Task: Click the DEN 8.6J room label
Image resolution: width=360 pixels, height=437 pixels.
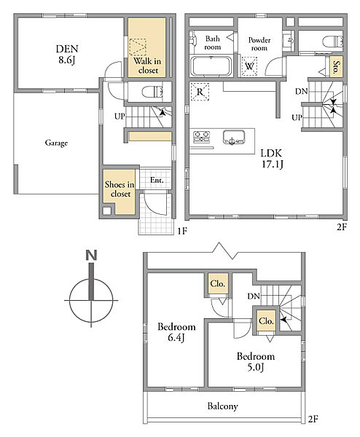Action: pyautogui.click(x=67, y=55)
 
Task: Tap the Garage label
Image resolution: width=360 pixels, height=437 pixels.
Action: pyautogui.click(x=56, y=143)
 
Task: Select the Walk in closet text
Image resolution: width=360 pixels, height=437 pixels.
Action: pyautogui.click(x=147, y=66)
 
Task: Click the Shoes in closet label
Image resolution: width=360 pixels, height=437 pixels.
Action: pyautogui.click(x=120, y=189)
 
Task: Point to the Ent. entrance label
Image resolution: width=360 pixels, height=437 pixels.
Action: pyautogui.click(x=157, y=180)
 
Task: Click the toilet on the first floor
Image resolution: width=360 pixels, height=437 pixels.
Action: pyautogui.click(x=152, y=92)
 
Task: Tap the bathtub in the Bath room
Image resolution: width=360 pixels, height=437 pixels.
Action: pyautogui.click(x=211, y=66)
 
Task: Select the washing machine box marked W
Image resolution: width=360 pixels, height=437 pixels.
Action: pyautogui.click(x=249, y=66)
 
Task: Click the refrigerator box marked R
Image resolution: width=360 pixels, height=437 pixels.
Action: pyautogui.click(x=200, y=92)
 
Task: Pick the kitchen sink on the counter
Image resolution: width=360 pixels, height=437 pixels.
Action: pyautogui.click(x=234, y=138)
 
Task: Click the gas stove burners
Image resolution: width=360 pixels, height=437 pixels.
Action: pyautogui.click(x=202, y=137)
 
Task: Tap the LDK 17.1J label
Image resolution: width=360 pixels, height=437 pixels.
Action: pyautogui.click(x=272, y=159)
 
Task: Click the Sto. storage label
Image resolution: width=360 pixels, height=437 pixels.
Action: pyautogui.click(x=337, y=66)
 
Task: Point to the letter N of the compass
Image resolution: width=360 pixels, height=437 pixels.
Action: pyautogui.click(x=91, y=256)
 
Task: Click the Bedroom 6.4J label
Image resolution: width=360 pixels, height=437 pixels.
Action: pyautogui.click(x=176, y=332)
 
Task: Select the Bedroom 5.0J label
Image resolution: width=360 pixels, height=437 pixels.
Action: pyautogui.click(x=256, y=362)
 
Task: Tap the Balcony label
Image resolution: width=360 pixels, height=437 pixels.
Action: pyautogui.click(x=222, y=406)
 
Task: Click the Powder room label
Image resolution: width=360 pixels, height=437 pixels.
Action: pyautogui.click(x=259, y=44)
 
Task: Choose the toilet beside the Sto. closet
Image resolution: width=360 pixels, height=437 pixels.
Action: pyautogui.click(x=332, y=42)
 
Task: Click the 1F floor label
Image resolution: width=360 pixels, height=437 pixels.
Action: pyautogui.click(x=182, y=231)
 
